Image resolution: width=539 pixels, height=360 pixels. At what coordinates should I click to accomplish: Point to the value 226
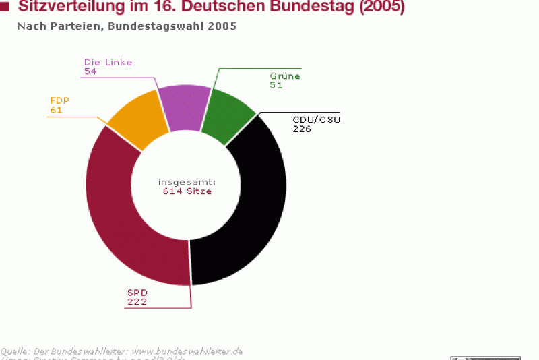click(x=301, y=129)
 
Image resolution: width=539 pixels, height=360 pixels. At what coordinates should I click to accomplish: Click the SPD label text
click(x=137, y=293)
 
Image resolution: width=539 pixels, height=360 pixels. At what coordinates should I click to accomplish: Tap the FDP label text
click(x=60, y=100)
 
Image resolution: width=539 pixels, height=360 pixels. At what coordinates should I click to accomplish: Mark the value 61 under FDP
click(x=57, y=109)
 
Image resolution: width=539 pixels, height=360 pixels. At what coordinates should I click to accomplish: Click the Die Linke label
click(x=108, y=62)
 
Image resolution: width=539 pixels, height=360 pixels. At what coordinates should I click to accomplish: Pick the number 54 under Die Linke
click(x=91, y=71)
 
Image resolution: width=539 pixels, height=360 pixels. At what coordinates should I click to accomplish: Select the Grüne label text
click(x=285, y=76)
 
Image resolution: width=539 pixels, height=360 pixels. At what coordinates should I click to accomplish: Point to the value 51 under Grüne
click(x=276, y=86)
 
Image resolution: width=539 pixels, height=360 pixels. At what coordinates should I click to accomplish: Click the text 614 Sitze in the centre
click(x=187, y=191)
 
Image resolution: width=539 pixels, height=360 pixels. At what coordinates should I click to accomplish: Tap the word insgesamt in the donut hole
click(x=187, y=182)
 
